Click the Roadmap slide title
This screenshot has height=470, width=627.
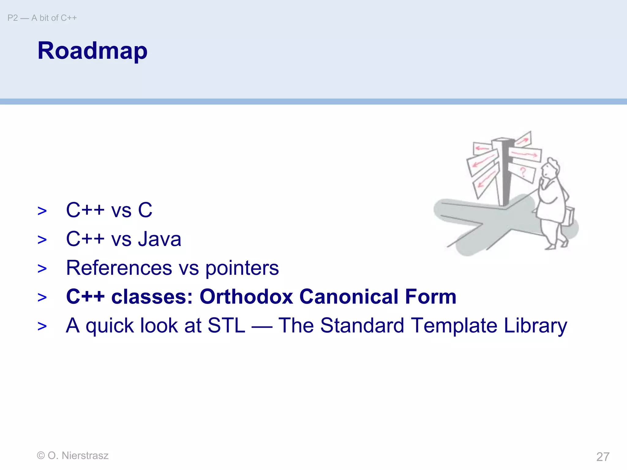(x=92, y=51)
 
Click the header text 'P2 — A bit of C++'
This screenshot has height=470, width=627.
(x=42, y=18)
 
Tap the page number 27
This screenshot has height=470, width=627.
(x=603, y=457)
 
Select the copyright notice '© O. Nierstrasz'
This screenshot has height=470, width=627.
(x=73, y=455)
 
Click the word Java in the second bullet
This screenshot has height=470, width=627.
(x=160, y=239)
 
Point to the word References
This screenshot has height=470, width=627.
(x=119, y=268)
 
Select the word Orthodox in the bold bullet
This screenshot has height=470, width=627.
(x=246, y=297)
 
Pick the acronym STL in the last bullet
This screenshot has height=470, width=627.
(x=226, y=325)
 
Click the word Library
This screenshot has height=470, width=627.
(x=535, y=326)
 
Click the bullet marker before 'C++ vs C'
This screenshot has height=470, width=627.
(x=42, y=211)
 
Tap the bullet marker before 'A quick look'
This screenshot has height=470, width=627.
(x=42, y=326)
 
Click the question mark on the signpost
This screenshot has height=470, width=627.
(x=523, y=173)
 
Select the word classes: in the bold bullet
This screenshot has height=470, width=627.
(x=152, y=297)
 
